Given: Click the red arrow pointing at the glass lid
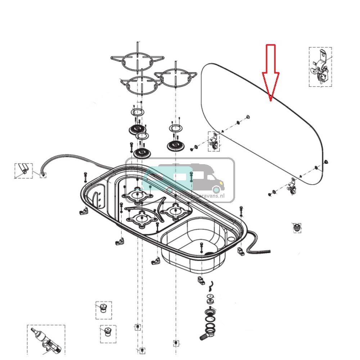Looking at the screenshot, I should click(270, 72).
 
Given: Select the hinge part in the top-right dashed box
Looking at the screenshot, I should click(320, 67).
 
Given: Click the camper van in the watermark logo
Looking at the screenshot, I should click(187, 178).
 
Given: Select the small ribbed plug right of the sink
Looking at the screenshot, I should click(296, 228).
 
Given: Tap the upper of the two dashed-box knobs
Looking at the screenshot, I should click(103, 309).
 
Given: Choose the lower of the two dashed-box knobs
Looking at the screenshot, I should click(107, 331).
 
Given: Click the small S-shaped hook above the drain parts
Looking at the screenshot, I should click(212, 284).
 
